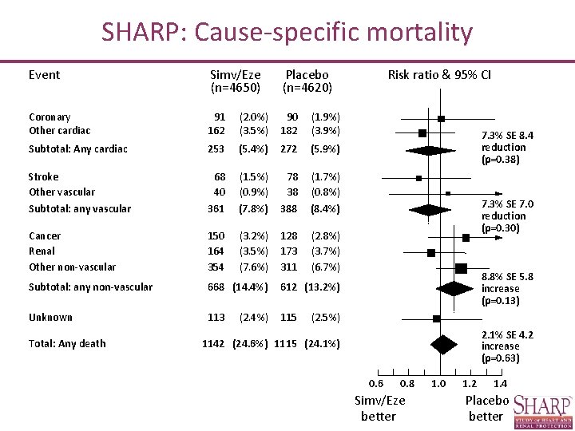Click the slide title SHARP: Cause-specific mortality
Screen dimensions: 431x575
pyautogui.click(x=287, y=33)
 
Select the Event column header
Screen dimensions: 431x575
pyautogui.click(x=44, y=75)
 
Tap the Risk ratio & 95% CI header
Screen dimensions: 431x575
pyautogui.click(x=439, y=75)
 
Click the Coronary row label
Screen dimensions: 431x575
pyautogui.click(x=50, y=117)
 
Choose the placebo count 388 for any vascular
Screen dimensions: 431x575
pyautogui.click(x=287, y=209)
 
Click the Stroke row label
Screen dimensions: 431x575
pyautogui.click(x=43, y=177)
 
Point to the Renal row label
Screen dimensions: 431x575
pyautogui.click(x=42, y=251)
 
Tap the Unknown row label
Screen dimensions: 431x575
pyautogui.click(x=50, y=318)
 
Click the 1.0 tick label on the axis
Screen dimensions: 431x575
pyautogui.click(x=438, y=385)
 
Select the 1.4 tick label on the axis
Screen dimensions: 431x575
pyautogui.click(x=501, y=385)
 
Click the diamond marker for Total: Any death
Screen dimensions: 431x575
pyautogui.click(x=442, y=345)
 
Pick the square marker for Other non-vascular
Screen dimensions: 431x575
pyautogui.click(x=461, y=267)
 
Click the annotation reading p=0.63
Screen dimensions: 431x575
pyautogui.click(x=501, y=358)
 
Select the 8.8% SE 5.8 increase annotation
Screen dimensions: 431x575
pyautogui.click(x=507, y=288)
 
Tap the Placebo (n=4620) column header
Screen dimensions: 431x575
pyautogui.click(x=307, y=81)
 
